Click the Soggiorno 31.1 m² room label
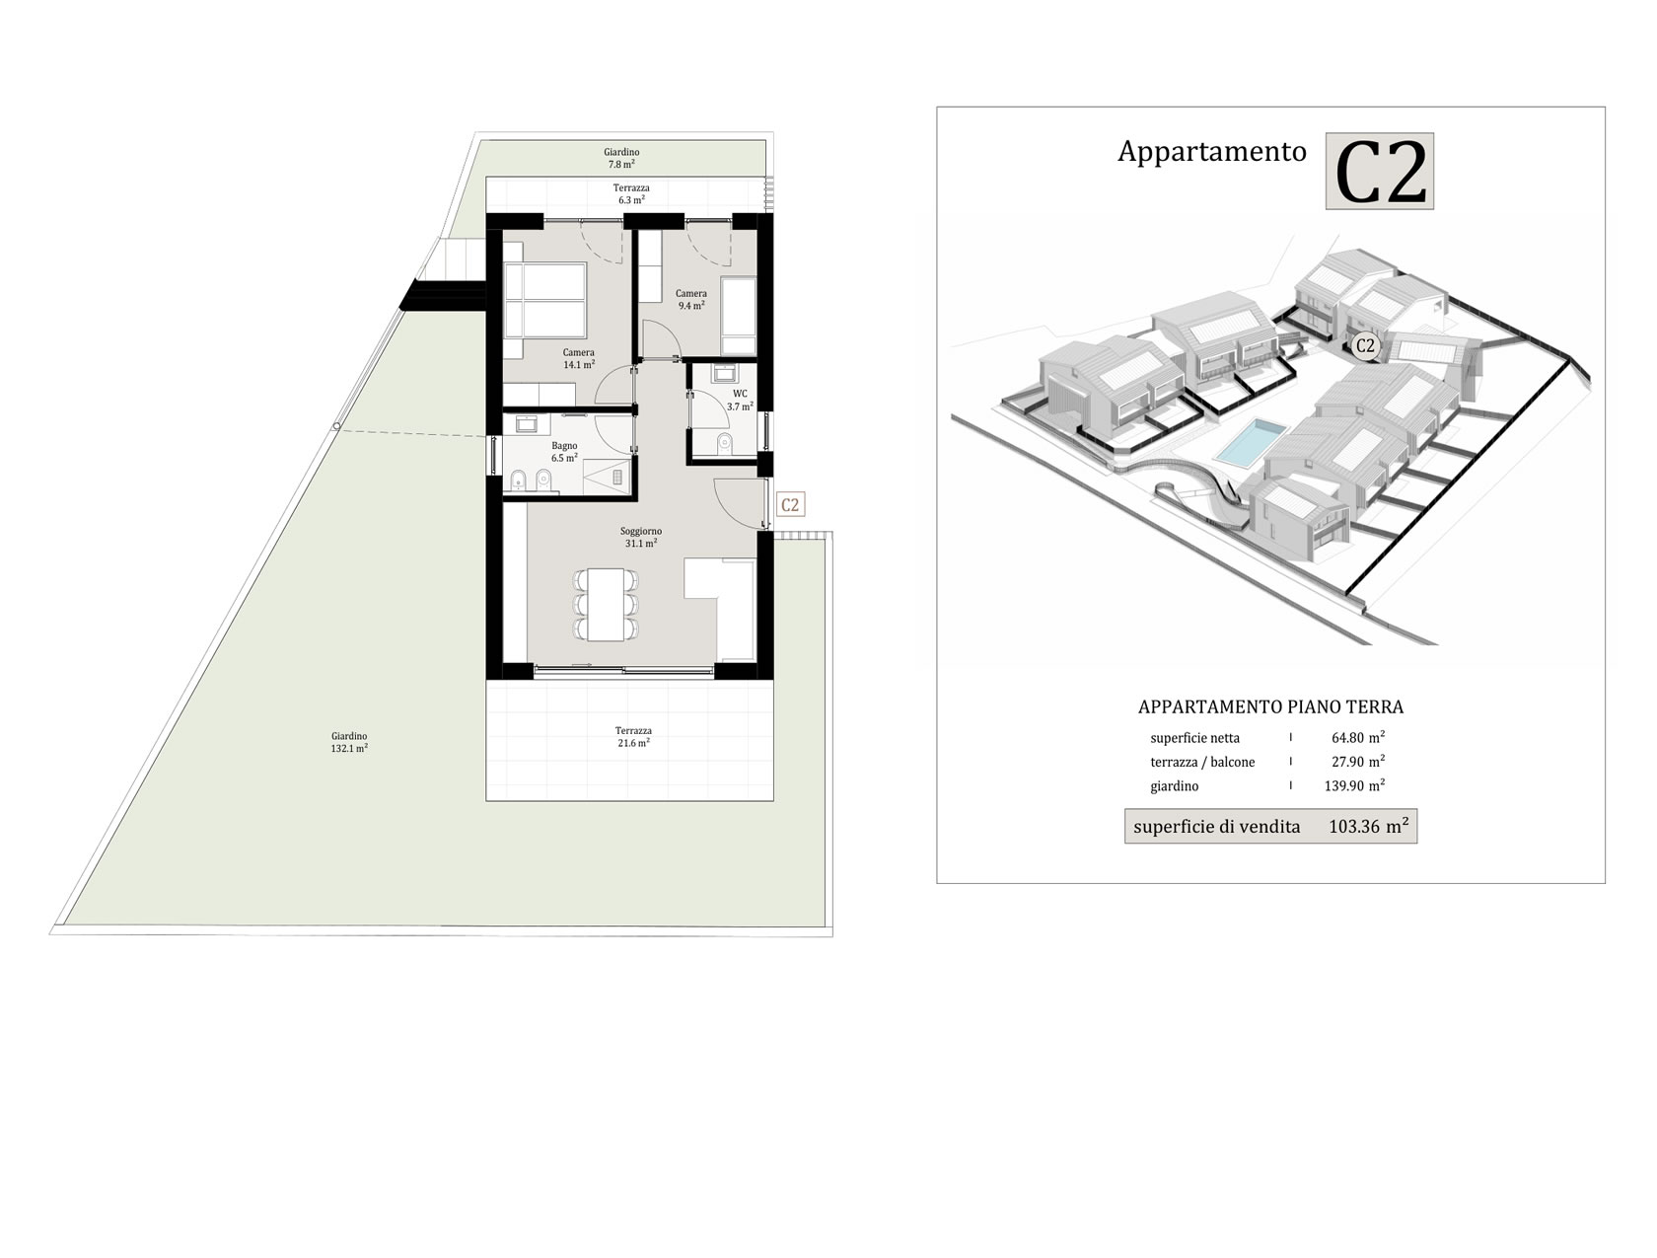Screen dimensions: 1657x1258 tap(640, 537)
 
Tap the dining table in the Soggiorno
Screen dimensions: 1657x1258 tap(606, 603)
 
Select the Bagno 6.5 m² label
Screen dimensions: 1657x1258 tap(564, 452)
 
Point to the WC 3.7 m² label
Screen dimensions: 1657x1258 tap(740, 401)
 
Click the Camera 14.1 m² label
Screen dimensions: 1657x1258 tap(578, 358)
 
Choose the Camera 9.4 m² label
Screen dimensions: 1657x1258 tap(690, 300)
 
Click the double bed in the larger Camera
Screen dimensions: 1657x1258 tap(544, 301)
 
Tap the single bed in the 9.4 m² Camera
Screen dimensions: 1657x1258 tap(739, 316)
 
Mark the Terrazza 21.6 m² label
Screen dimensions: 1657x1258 tap(632, 736)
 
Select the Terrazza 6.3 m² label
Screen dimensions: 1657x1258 tap(631, 194)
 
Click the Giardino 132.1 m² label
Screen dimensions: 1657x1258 tap(349, 742)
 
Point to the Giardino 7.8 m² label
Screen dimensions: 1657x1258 tap(621, 158)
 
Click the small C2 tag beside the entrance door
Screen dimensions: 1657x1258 tap(790, 504)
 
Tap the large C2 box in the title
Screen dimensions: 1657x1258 tap(1379, 172)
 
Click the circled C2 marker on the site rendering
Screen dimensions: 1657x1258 tap(1365, 346)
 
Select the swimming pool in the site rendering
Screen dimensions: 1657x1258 tap(1250, 442)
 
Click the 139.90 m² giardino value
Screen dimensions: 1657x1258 tap(1354, 785)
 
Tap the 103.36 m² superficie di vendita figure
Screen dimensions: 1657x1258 tap(1368, 825)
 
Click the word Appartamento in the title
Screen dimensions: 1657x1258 tap(1211, 152)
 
